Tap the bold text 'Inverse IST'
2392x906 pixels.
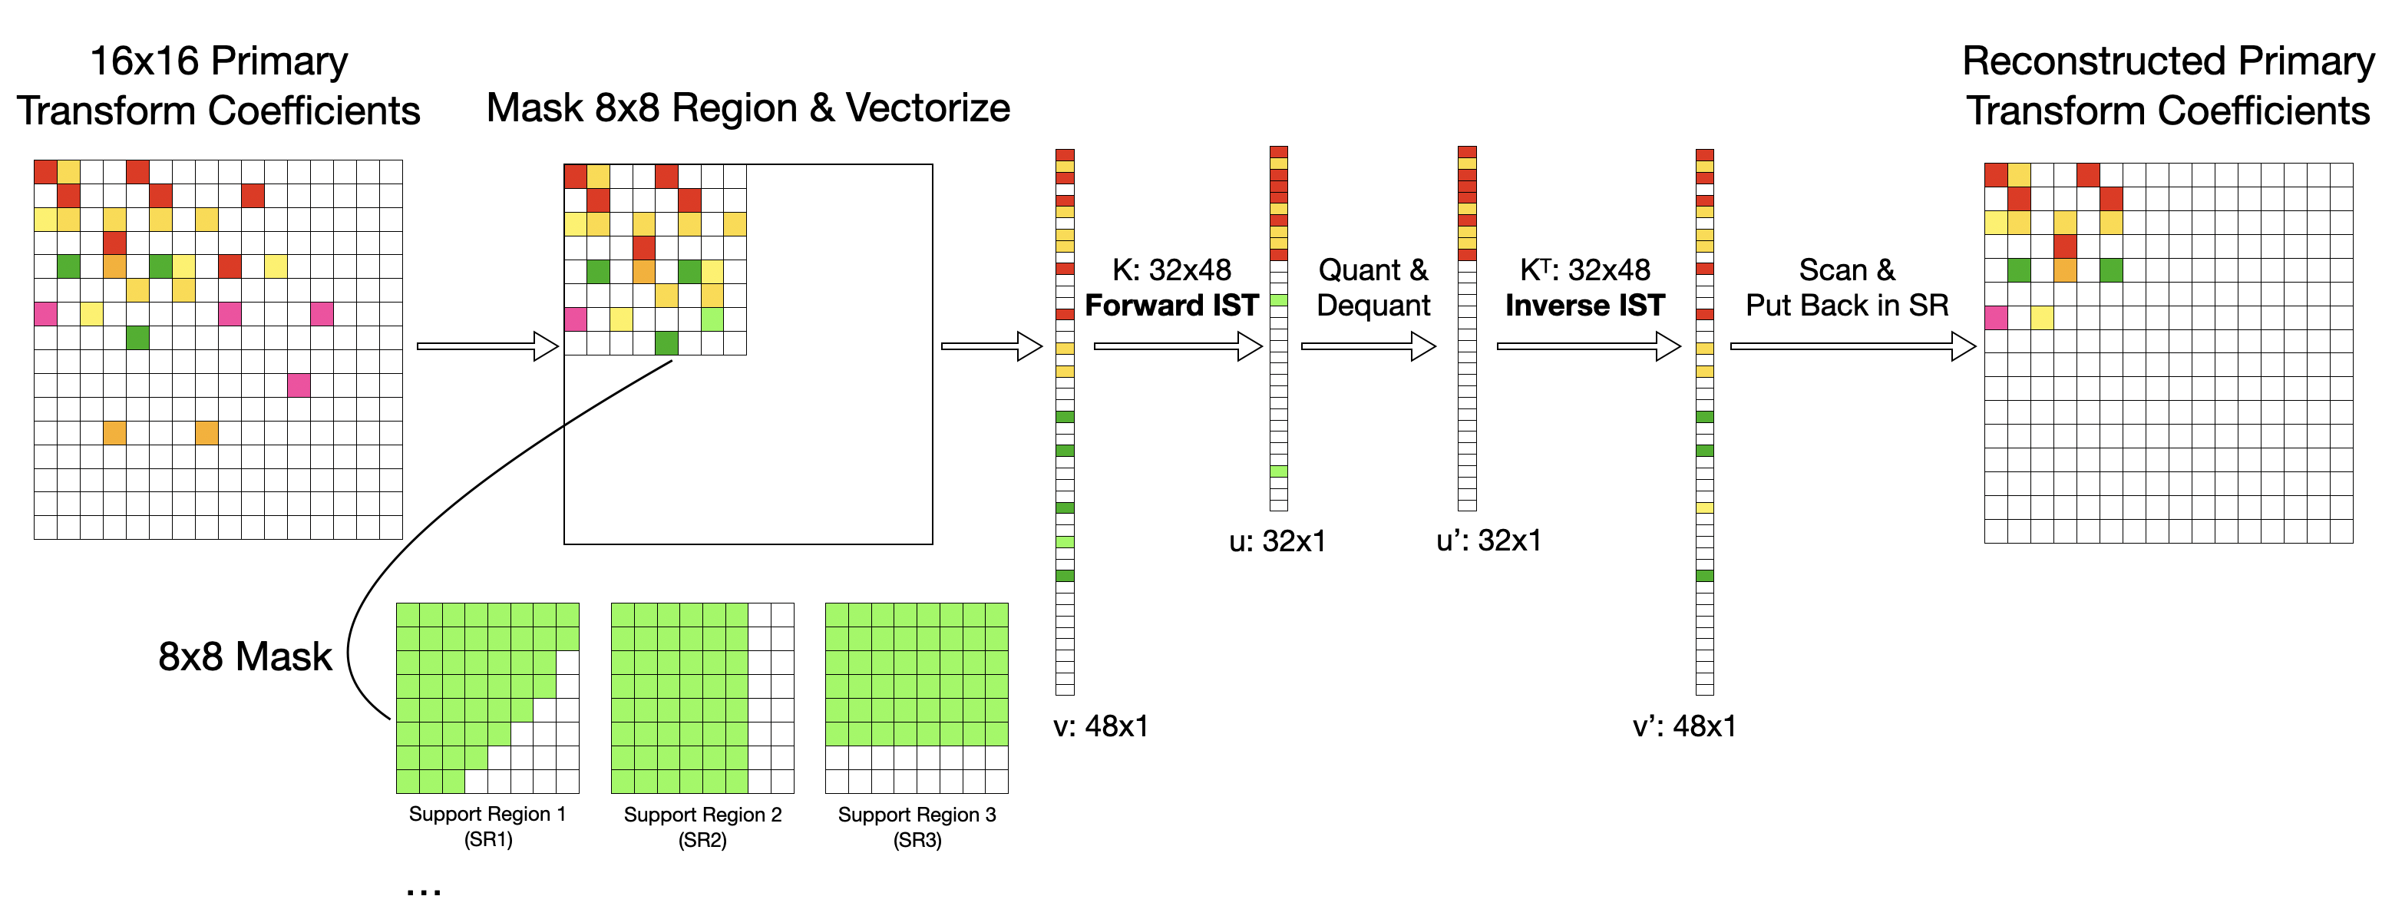(x=1584, y=306)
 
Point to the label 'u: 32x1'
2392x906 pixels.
(x=1277, y=541)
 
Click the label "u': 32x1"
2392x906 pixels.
(x=1488, y=541)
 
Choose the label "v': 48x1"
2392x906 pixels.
(x=1684, y=726)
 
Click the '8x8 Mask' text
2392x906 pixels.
(x=244, y=656)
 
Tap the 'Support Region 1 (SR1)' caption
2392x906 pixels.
(x=487, y=826)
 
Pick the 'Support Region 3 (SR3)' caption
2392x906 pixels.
(x=917, y=827)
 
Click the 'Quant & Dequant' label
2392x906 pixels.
(x=1373, y=287)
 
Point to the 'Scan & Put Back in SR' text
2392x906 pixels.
(x=1846, y=287)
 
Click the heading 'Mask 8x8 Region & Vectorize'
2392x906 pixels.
(x=748, y=107)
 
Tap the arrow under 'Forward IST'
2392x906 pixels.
(x=1178, y=346)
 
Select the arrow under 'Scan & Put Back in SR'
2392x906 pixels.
(x=1852, y=346)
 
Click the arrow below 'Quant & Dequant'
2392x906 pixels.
(x=1368, y=346)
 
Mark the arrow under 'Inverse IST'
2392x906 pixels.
(x=1588, y=346)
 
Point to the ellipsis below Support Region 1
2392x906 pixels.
(x=424, y=891)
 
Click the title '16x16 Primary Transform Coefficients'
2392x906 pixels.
(x=218, y=85)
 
